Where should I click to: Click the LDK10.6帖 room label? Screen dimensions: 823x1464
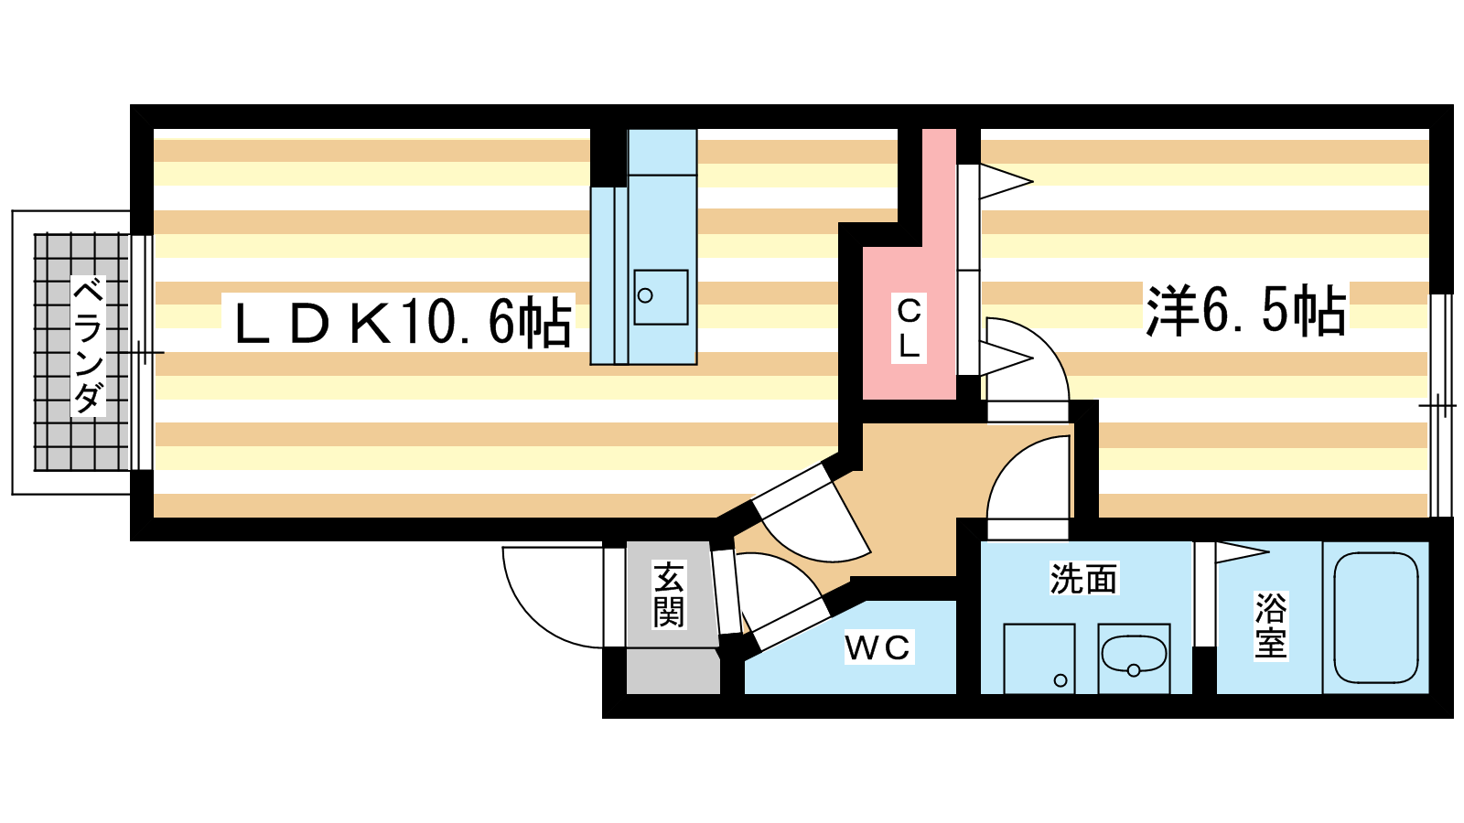tap(403, 322)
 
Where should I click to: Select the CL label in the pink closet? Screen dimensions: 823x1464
tap(909, 327)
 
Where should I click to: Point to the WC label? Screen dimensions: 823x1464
tap(877, 647)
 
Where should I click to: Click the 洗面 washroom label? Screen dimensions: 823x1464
tap(1083, 579)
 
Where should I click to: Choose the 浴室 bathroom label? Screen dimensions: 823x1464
tap(1271, 625)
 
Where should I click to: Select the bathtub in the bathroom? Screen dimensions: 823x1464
tap(1376, 617)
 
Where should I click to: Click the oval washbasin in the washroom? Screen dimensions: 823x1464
tap(1134, 655)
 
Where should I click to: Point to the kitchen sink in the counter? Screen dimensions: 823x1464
tap(661, 296)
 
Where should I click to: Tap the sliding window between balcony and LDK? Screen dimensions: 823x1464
tap(142, 352)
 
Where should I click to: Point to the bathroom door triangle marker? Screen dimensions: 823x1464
tap(1241, 551)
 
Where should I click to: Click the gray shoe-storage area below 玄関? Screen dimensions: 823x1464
tap(673, 671)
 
